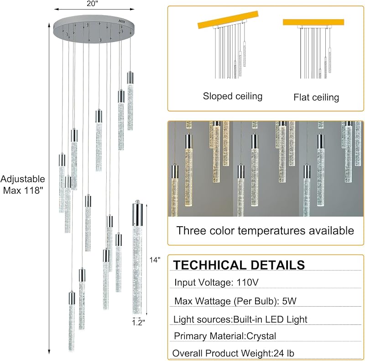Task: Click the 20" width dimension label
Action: [93, 4]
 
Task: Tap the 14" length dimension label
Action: [155, 260]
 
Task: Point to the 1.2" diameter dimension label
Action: [139, 323]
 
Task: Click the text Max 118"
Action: [23, 190]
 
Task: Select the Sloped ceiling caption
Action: [233, 96]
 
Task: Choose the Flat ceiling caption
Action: [316, 97]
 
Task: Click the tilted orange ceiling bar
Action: [228, 20]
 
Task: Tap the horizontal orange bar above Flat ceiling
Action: [313, 22]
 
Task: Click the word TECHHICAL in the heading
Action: [209, 265]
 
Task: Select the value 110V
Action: [247, 282]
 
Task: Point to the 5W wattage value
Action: [289, 301]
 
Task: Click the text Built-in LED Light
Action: [270, 319]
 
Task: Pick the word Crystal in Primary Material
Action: [261, 336]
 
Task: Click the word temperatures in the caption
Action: [271, 231]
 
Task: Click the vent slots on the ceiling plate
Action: [122, 21]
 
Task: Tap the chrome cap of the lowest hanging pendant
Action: [72, 297]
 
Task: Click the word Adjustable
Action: [22, 179]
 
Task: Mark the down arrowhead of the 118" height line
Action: [49, 352]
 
